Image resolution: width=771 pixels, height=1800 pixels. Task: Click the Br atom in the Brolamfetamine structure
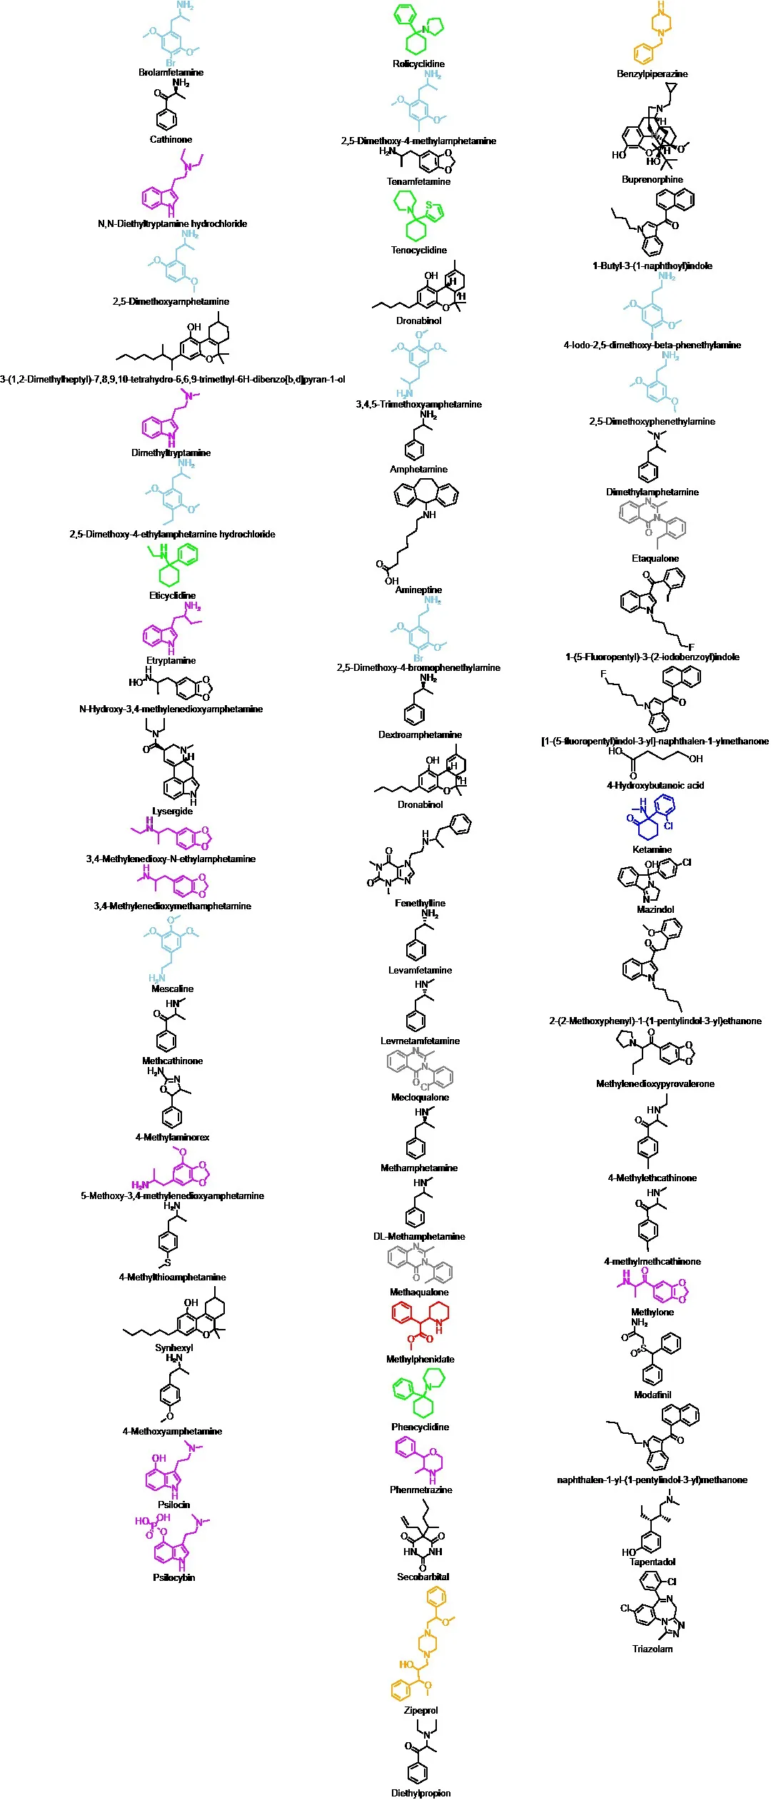click(171, 63)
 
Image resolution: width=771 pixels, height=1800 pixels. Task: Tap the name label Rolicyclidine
click(418, 64)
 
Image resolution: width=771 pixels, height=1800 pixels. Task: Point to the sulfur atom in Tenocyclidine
click(429, 205)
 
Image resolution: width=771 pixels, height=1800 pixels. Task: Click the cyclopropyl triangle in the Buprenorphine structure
click(670, 89)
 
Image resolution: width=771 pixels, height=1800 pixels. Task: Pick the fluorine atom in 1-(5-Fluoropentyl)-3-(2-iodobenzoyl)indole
click(691, 647)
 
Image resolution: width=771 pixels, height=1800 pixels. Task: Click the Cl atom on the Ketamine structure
click(668, 826)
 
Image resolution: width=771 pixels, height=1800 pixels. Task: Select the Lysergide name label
click(172, 811)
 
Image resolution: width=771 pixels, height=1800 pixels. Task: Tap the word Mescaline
click(172, 989)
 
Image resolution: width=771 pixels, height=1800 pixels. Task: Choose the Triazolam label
click(652, 1649)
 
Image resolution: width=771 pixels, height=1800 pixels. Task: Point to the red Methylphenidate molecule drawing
click(420, 1324)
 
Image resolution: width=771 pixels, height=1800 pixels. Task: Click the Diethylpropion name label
click(420, 1793)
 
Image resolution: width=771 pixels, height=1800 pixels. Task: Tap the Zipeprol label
click(420, 1710)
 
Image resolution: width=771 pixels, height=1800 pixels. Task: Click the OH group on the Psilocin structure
click(158, 1458)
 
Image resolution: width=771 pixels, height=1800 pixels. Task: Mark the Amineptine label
click(418, 590)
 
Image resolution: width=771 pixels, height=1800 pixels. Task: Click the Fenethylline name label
click(420, 903)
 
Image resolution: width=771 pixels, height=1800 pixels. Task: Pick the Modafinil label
click(652, 1394)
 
